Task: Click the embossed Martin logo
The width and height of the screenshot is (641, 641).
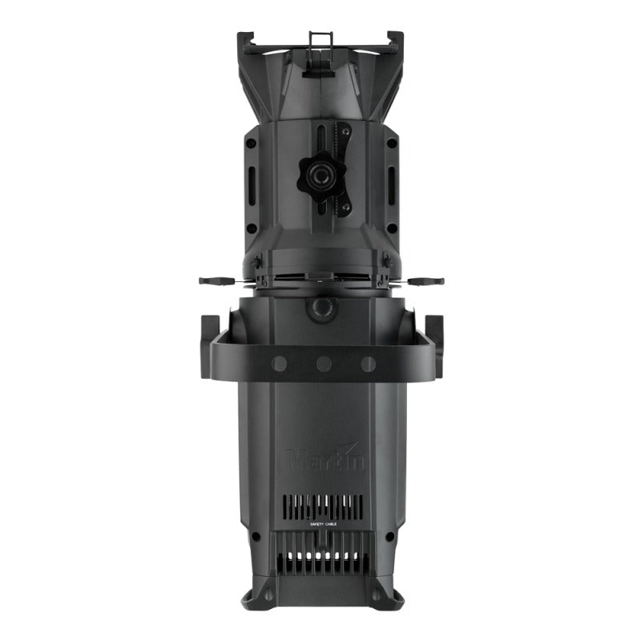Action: coord(325,461)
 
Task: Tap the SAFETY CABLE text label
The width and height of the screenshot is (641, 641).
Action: coord(325,523)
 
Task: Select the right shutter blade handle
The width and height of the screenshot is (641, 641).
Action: coord(425,281)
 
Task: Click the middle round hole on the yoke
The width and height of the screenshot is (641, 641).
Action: coord(324,364)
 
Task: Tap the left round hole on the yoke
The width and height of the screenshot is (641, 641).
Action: coord(279,364)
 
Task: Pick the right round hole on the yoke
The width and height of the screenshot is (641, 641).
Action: coord(369,364)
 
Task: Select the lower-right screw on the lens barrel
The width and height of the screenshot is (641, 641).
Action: coord(392,228)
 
